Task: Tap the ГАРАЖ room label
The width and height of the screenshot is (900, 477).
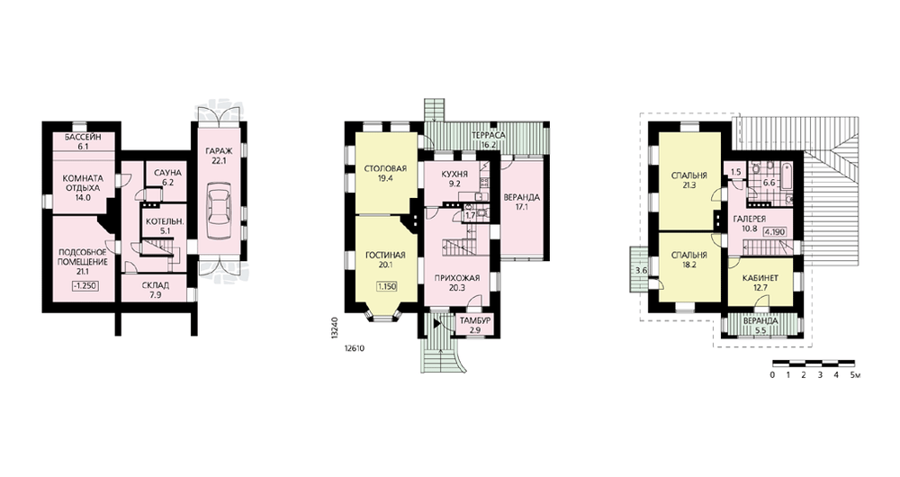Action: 219,151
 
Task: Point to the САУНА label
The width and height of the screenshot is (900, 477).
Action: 167,173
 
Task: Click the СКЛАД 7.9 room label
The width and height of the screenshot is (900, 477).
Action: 156,290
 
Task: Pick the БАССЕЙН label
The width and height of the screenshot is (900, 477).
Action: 83,137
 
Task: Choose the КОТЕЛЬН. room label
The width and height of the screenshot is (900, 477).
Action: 164,221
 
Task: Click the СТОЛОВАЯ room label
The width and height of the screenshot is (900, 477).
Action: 386,169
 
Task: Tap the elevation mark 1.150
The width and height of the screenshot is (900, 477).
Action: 387,286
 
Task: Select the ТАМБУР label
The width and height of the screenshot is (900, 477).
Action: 475,321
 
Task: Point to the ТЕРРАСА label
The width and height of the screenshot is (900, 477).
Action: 489,135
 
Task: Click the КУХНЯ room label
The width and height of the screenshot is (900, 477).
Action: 454,174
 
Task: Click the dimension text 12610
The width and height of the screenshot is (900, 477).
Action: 355,348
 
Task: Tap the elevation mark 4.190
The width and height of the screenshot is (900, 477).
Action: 775,232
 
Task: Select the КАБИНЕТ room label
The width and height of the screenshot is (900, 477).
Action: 760,278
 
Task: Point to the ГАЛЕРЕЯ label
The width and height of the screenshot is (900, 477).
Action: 750,220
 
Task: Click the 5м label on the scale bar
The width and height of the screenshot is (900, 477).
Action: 855,375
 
